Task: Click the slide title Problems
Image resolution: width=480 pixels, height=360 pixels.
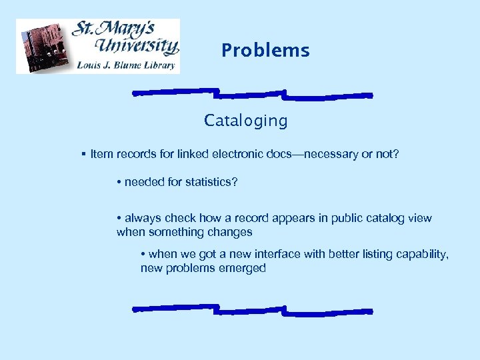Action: tap(265, 51)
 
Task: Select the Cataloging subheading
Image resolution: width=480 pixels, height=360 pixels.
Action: tap(246, 121)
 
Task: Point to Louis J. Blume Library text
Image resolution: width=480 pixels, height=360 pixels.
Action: tap(126, 65)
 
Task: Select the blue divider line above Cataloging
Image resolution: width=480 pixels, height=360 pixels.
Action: tap(252, 94)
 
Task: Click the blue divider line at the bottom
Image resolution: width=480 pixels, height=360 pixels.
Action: tap(252, 309)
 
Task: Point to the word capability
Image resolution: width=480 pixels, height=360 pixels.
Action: tap(423, 254)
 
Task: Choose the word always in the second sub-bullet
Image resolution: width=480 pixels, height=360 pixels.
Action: tap(142, 218)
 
